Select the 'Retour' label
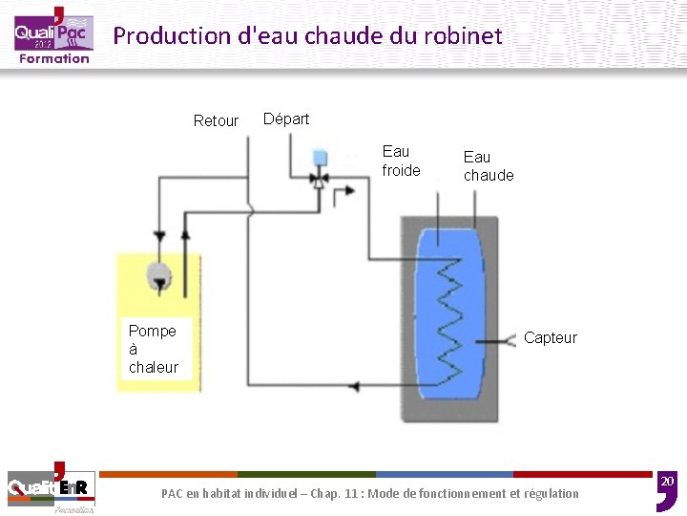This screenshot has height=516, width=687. [x=216, y=120]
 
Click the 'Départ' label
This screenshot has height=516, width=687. [x=286, y=118]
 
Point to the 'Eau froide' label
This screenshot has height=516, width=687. [x=401, y=161]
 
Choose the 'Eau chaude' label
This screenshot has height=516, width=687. [x=489, y=165]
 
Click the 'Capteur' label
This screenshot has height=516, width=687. [x=551, y=337]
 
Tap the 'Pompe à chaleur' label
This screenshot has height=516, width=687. [x=154, y=349]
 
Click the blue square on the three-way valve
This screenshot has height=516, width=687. [x=320, y=157]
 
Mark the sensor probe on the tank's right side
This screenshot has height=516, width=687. [x=498, y=340]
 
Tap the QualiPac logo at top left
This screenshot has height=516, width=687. [x=52, y=35]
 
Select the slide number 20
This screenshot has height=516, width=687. [x=667, y=481]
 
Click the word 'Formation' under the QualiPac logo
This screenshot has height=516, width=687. [x=54, y=58]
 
